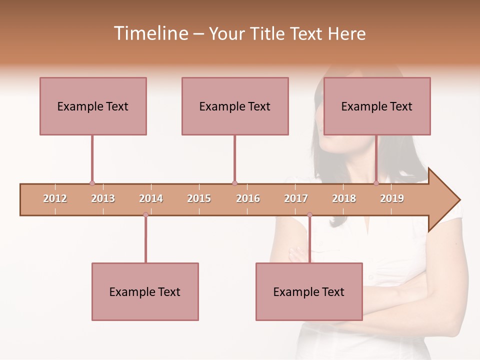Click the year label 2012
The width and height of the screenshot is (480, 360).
[55, 198]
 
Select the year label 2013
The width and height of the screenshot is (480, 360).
[103, 198]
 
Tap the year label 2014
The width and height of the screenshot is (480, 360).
[151, 198]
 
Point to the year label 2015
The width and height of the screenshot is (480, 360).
[199, 198]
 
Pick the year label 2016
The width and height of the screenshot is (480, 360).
[248, 198]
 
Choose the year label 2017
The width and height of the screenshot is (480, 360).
[296, 198]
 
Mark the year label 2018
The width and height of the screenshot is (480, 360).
[344, 198]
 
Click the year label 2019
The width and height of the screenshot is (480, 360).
[392, 198]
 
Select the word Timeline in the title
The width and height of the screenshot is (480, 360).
[150, 33]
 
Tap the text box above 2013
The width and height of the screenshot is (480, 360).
[93, 106]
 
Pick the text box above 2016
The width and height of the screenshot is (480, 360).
[235, 106]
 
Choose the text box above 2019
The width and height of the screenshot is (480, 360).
[377, 106]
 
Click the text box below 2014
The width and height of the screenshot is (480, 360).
[145, 291]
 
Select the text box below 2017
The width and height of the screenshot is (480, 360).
[309, 291]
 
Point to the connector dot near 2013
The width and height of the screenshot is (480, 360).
[92, 183]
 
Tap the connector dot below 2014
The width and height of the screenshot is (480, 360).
[145, 214]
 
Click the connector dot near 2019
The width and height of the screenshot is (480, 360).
[376, 183]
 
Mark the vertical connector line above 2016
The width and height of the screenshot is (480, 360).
[234, 158]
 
